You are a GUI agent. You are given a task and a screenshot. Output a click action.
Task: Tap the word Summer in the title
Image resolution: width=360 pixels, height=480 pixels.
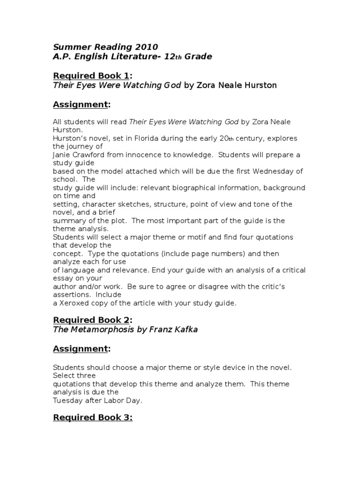click(69, 47)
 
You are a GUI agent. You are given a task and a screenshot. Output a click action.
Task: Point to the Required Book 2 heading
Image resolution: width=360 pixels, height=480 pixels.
click(91, 320)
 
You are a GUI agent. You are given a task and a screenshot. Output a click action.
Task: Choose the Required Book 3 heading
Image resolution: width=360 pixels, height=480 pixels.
click(91, 417)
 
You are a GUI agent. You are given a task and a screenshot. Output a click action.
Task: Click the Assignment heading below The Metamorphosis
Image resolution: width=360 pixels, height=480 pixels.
click(80, 349)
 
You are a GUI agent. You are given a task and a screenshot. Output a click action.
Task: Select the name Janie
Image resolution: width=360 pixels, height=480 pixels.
click(62, 155)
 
